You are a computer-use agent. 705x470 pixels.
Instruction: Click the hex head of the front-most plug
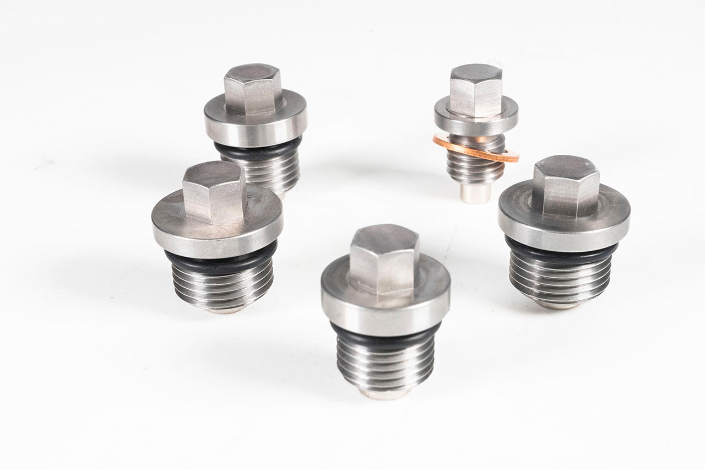384,259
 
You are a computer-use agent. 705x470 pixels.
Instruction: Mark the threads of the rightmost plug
560,278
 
